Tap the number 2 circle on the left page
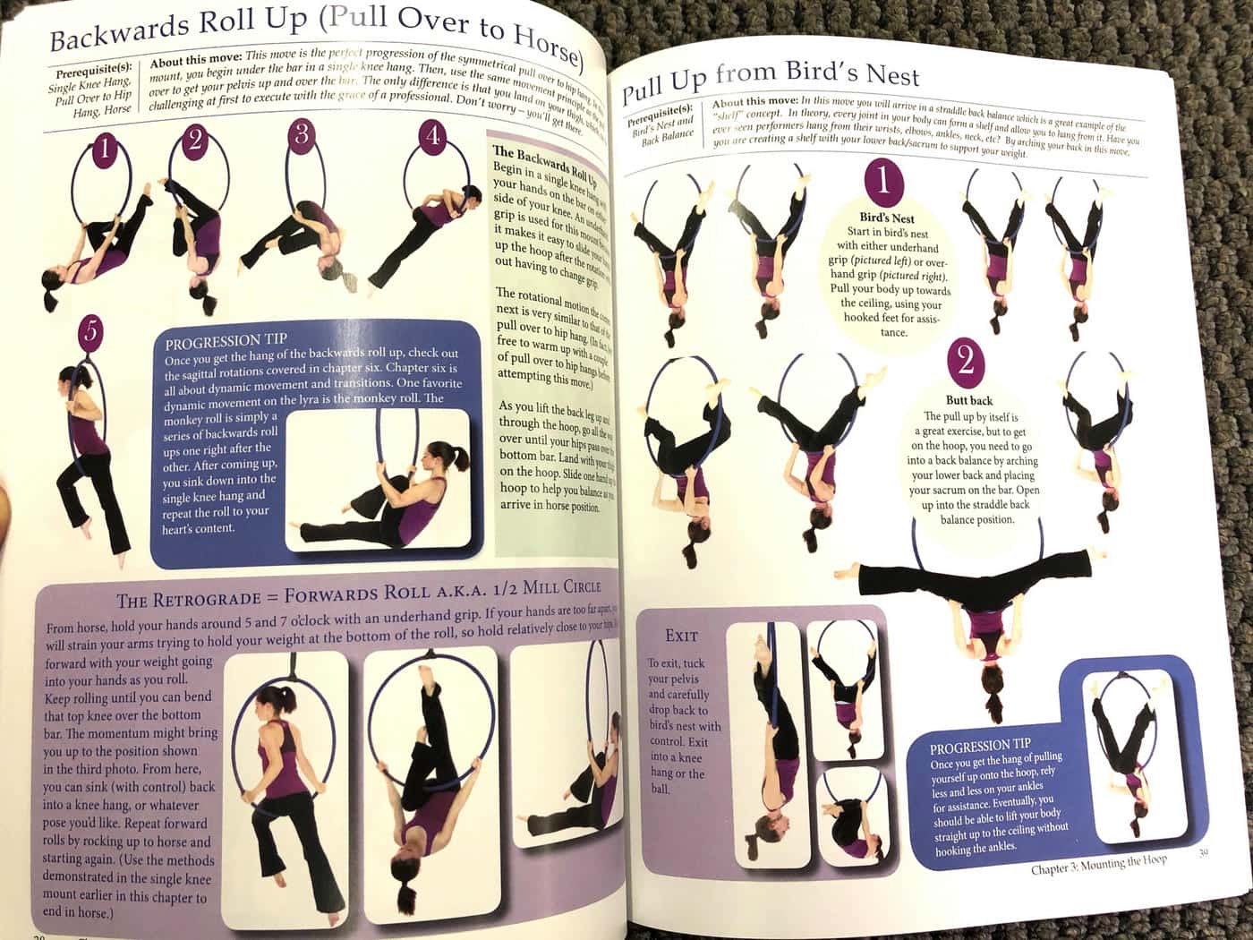196,140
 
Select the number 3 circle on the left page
302,134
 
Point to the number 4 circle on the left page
433,136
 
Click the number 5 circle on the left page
90,332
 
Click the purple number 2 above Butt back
966,360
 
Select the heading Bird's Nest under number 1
887,218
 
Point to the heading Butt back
968,400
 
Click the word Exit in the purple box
681,636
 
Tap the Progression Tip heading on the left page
226,341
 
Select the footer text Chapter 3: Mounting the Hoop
1098,864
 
